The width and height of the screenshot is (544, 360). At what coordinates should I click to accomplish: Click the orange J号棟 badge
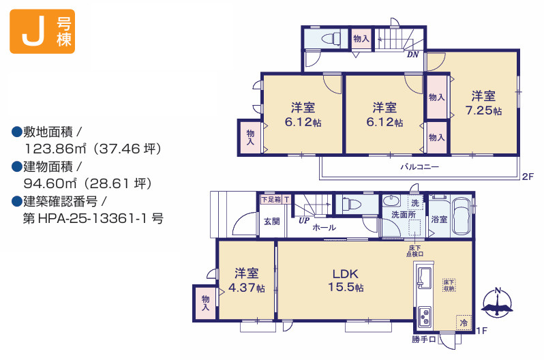42,31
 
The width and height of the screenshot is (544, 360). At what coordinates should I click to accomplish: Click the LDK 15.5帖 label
346,280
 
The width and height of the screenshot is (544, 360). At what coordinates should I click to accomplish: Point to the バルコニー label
420,167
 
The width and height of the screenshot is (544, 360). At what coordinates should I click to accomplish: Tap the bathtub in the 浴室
462,216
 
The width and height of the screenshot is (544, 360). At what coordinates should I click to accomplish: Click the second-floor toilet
331,38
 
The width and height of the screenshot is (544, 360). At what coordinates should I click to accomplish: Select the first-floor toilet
352,204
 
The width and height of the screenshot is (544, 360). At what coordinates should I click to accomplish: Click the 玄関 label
271,221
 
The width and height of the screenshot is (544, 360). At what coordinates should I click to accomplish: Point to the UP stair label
304,220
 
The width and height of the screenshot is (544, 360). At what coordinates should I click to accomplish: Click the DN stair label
413,55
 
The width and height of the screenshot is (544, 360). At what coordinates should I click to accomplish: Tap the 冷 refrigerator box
464,323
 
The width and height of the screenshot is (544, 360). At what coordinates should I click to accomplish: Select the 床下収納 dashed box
449,286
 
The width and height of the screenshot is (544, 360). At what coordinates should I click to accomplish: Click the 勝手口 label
423,339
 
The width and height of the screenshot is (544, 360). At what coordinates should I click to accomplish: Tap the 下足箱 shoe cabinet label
271,199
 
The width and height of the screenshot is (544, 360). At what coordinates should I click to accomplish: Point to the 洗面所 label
404,215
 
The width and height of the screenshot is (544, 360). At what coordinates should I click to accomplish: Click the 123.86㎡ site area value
55,149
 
